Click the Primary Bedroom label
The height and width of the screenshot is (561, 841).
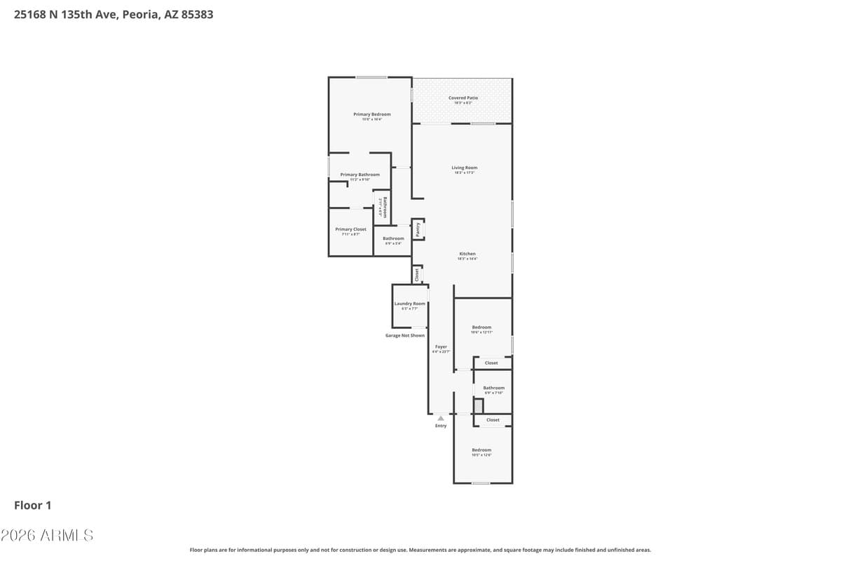pyautogui.click(x=371, y=114)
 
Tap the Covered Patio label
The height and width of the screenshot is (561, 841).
pyautogui.click(x=463, y=98)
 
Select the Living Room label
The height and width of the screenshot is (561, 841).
pyautogui.click(x=464, y=168)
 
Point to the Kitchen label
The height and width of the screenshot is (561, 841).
pyautogui.click(x=467, y=254)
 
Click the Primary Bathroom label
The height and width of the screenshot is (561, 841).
pyautogui.click(x=360, y=175)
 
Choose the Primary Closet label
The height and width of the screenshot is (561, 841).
pyautogui.click(x=350, y=229)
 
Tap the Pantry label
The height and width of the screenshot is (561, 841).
pyautogui.click(x=418, y=229)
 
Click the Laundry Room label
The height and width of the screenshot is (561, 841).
pyautogui.click(x=409, y=304)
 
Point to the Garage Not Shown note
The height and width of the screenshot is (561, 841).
pyautogui.click(x=405, y=336)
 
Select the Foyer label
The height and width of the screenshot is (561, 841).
pyautogui.click(x=441, y=347)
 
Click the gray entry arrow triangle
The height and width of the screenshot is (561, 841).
pyautogui.click(x=441, y=418)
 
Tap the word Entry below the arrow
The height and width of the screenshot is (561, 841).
pyautogui.click(x=441, y=426)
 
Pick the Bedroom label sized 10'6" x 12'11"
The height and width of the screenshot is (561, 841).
pyautogui.click(x=481, y=327)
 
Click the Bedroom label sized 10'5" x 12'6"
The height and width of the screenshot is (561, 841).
pyautogui.click(x=481, y=450)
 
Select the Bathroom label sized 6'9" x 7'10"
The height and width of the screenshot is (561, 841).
pyautogui.click(x=493, y=388)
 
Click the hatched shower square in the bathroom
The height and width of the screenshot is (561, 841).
pyautogui.click(x=479, y=406)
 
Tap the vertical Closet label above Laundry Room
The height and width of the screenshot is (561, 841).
pyautogui.click(x=417, y=274)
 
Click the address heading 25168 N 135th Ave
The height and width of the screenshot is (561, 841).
pyautogui.click(x=114, y=14)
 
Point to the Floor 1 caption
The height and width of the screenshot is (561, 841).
pyautogui.click(x=33, y=505)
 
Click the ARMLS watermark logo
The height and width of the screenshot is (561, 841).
pyautogui.click(x=47, y=535)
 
